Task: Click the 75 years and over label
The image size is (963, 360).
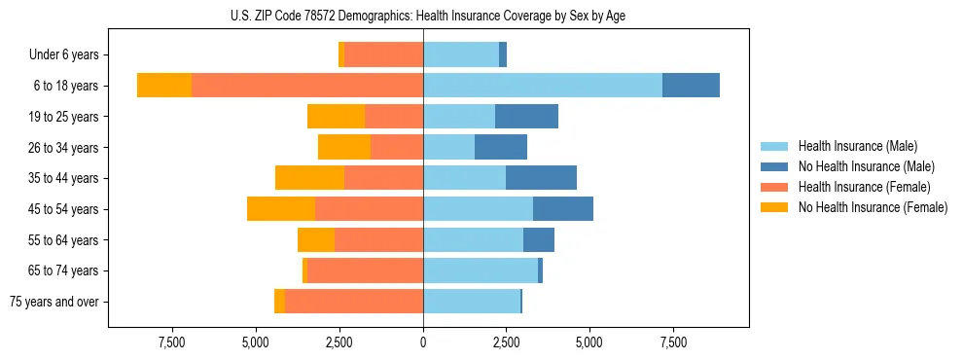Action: click(53, 302)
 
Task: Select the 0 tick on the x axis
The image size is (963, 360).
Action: click(423, 342)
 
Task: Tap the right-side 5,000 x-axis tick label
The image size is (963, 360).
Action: click(589, 342)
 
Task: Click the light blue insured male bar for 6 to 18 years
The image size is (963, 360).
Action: click(543, 86)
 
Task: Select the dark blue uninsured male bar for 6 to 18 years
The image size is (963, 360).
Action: click(691, 86)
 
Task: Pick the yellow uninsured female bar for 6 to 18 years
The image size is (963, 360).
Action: click(164, 86)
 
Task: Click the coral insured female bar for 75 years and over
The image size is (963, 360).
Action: click(354, 302)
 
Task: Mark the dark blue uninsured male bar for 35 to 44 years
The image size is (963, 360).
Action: click(541, 178)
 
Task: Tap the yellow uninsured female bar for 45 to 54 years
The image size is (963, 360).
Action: click(281, 209)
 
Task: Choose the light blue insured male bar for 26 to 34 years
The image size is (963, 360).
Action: click(448, 148)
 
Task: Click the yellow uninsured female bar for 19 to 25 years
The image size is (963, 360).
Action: click(336, 117)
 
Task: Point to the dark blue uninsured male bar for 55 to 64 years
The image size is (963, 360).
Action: click(539, 240)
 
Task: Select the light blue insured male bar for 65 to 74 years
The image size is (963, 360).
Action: click(481, 270)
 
